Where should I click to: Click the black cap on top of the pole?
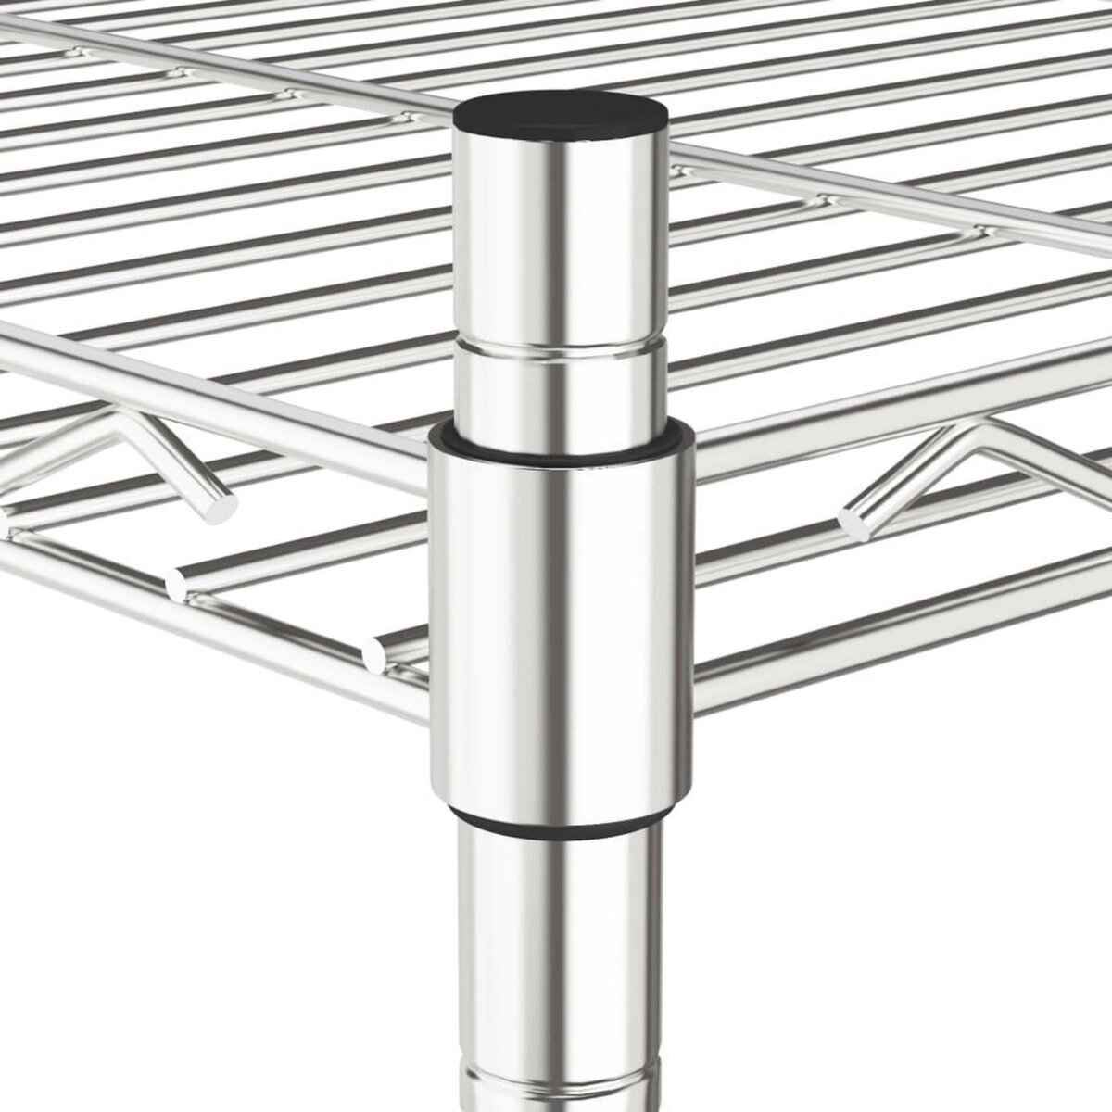(x=561, y=115)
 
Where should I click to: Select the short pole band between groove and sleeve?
(x=559, y=394)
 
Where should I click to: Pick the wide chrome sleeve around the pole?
(x=561, y=612)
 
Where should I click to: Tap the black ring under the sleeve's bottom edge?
(x=561, y=823)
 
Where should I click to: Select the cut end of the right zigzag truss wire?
(x=854, y=521)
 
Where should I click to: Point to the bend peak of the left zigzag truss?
(x=116, y=423)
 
